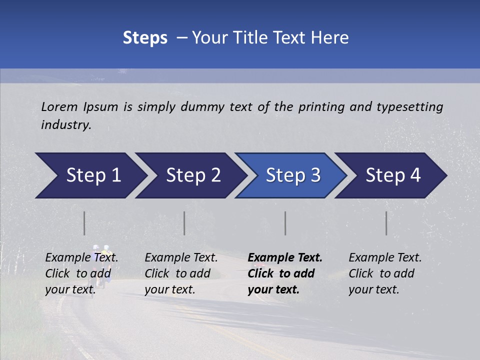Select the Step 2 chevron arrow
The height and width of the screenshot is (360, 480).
[193, 175]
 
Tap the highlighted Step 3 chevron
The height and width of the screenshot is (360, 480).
[293, 175]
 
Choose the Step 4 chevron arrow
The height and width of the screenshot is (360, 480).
[393, 175]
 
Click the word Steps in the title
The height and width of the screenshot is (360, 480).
[145, 38]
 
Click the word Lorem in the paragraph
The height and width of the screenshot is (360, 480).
[59, 106]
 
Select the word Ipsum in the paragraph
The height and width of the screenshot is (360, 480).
[100, 106]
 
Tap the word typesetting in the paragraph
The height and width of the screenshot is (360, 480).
[410, 107]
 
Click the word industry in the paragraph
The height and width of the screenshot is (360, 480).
[65, 125]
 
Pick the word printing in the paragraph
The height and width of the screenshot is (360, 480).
[320, 107]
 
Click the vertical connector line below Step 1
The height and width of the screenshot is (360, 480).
[84, 223]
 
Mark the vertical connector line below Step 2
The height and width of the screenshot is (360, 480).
[184, 223]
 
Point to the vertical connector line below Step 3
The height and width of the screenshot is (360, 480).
[285, 223]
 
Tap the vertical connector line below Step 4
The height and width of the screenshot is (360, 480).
[386, 223]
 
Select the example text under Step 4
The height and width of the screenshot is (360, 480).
[385, 273]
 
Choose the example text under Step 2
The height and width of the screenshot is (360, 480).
[181, 273]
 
